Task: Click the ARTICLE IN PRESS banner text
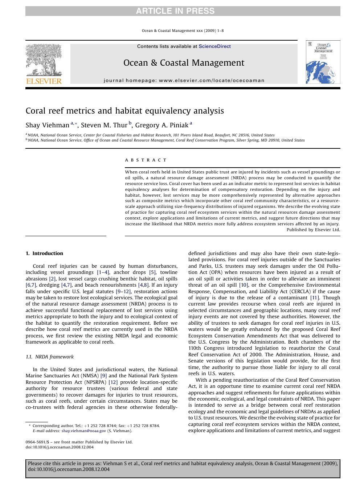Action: pos(175,11)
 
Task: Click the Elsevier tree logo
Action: pos(44,60)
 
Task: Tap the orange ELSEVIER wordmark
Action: pos(44,81)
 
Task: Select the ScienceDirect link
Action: pos(214,46)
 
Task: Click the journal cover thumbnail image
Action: pos(323,62)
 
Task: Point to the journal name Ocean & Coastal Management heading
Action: pos(184,63)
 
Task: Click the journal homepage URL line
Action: pos(184,81)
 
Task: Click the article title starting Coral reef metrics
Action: pos(124,111)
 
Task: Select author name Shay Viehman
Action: pos(47,126)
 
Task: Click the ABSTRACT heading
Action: pos(146,160)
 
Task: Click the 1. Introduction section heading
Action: pos(44,254)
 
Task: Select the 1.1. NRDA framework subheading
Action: pos(50,357)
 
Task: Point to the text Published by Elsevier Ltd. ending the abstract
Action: pos(313,230)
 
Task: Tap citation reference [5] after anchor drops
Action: pos(152,272)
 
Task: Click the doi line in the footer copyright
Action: pos(60,447)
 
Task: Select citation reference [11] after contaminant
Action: pos(314,298)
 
